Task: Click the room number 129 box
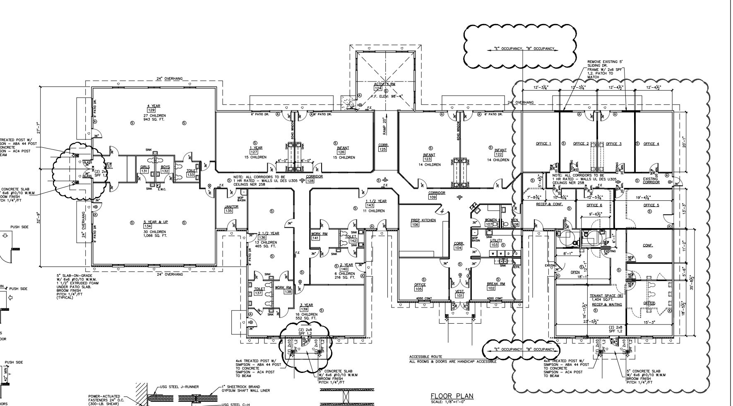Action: tap(151, 111)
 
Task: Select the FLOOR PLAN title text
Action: tap(452, 396)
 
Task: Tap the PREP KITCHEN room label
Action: tap(423, 220)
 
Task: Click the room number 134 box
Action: tap(147, 226)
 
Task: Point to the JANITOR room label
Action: tap(231, 207)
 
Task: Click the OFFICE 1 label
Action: tap(543, 144)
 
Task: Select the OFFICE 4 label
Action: tap(651, 144)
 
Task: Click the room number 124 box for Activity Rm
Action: tap(378, 88)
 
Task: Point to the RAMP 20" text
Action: tap(384, 127)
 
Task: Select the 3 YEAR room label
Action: tap(306, 305)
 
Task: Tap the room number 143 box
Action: tap(370, 205)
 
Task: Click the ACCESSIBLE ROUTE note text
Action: tap(425, 357)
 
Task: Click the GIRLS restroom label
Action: tap(145, 167)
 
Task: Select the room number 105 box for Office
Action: tap(418, 289)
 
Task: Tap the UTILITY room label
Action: tap(496, 240)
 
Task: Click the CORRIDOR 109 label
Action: tap(437, 193)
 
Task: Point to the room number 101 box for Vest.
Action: tap(459, 295)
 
